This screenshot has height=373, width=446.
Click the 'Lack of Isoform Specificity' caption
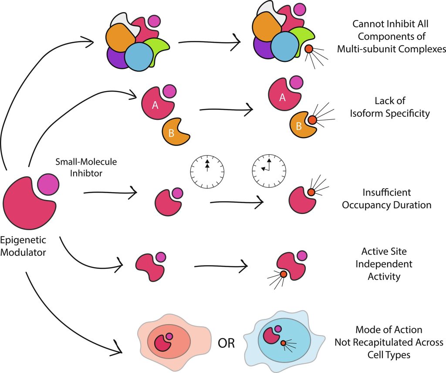click(390, 107)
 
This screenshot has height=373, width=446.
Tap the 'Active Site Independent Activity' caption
click(387, 264)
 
